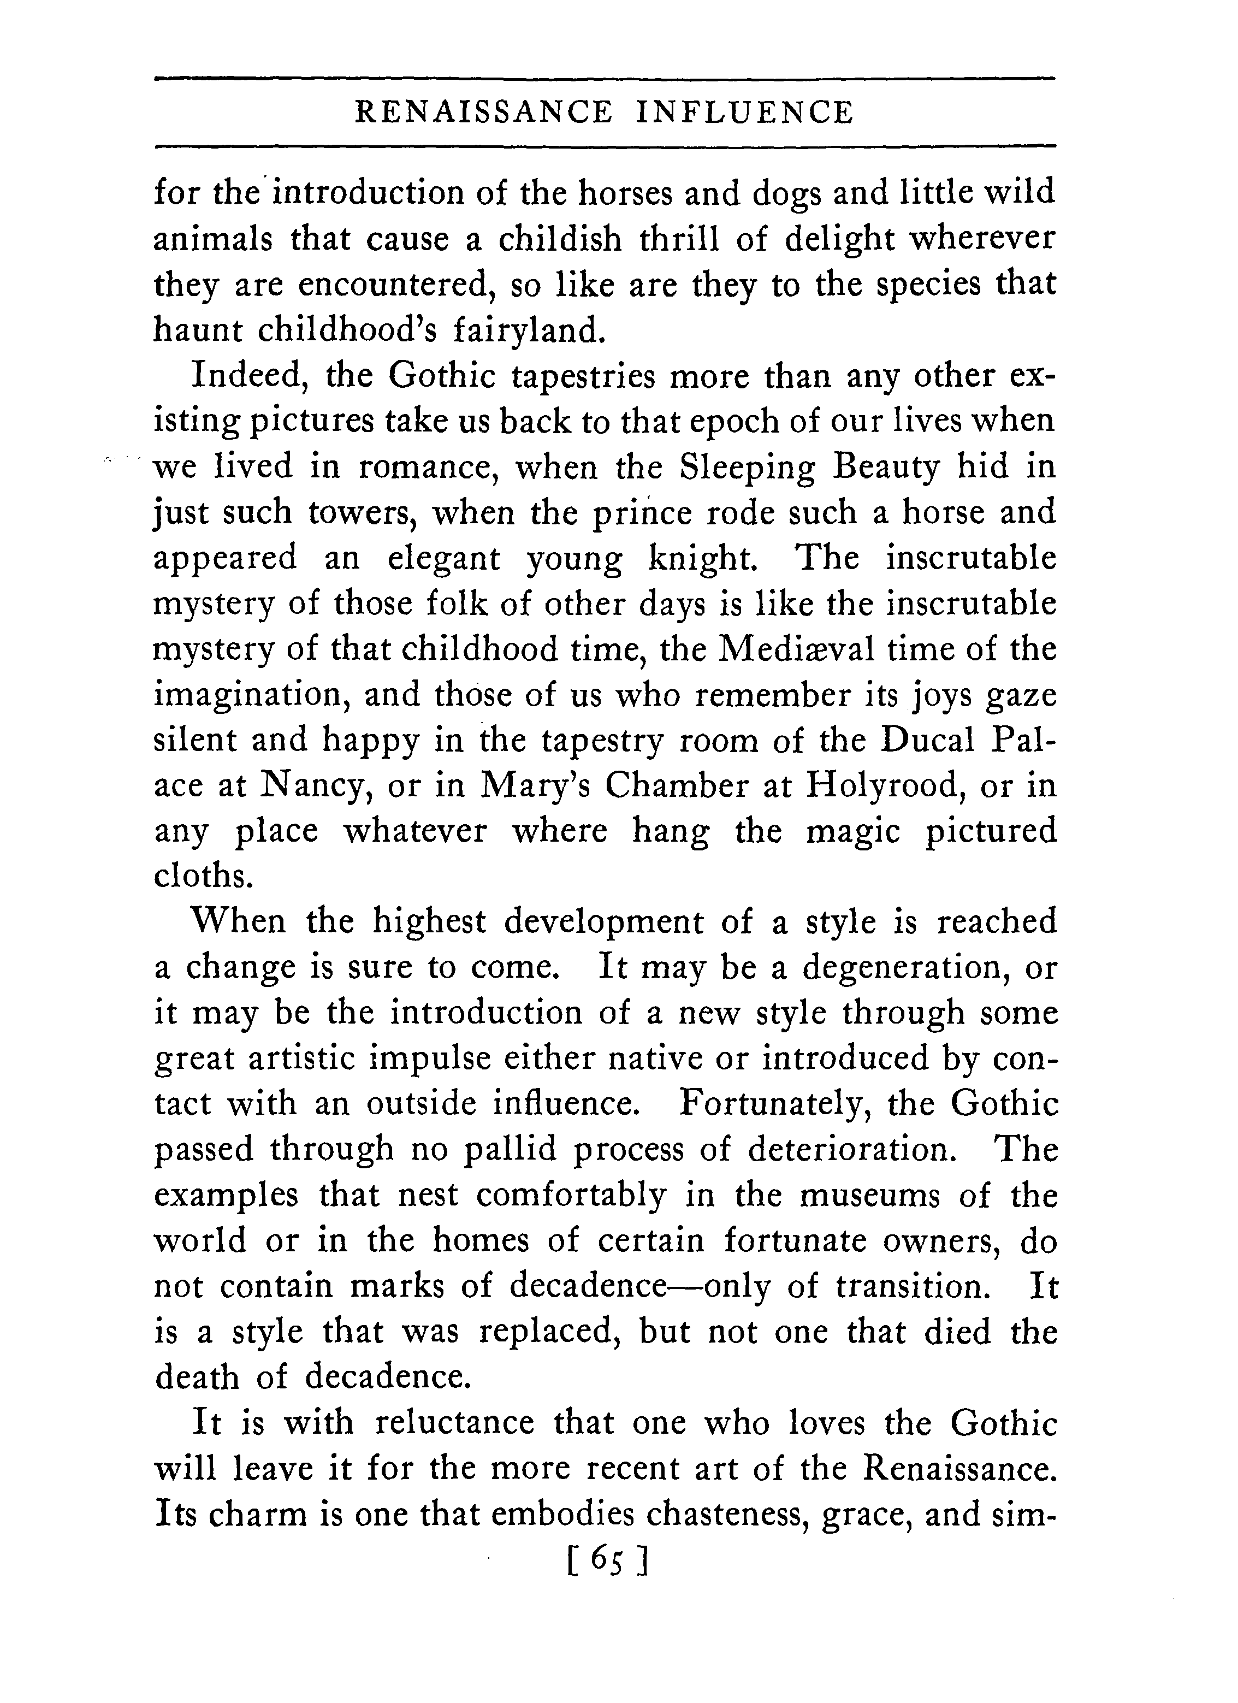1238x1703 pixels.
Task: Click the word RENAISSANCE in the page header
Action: click(483, 113)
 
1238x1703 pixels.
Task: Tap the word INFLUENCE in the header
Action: click(745, 113)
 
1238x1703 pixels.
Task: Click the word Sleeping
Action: click(747, 468)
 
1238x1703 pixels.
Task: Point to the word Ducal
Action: click(928, 741)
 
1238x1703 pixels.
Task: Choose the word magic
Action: click(853, 832)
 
